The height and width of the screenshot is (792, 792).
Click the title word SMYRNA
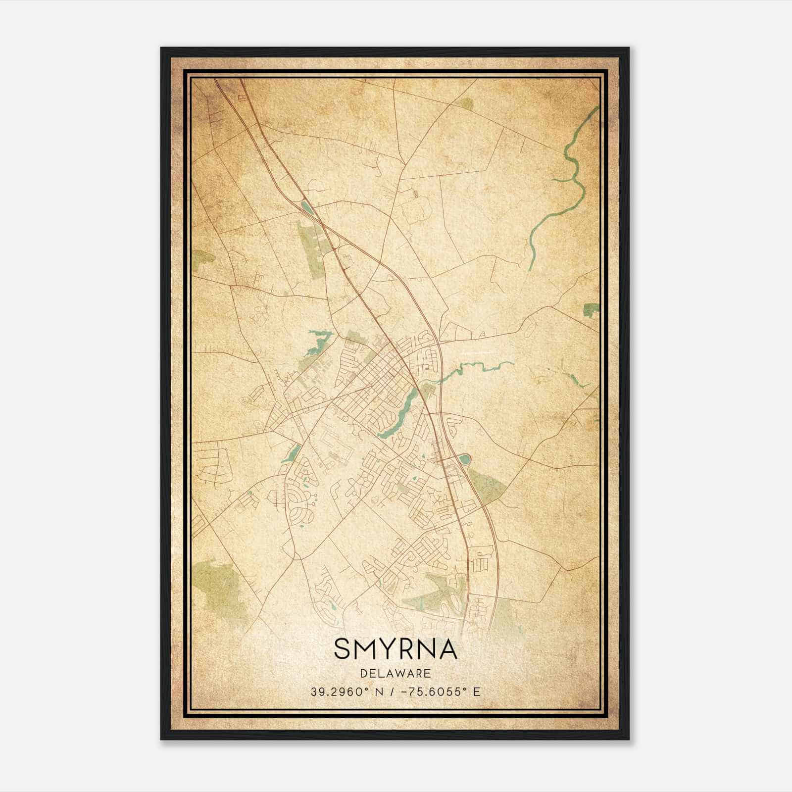click(x=396, y=649)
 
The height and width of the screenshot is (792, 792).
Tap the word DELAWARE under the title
click(x=396, y=674)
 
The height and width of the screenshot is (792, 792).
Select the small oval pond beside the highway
click(x=464, y=460)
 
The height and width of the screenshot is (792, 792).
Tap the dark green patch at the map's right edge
click(x=591, y=310)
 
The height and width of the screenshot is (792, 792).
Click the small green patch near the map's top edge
click(x=465, y=103)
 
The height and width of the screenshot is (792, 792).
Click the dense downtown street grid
click(x=381, y=376)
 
